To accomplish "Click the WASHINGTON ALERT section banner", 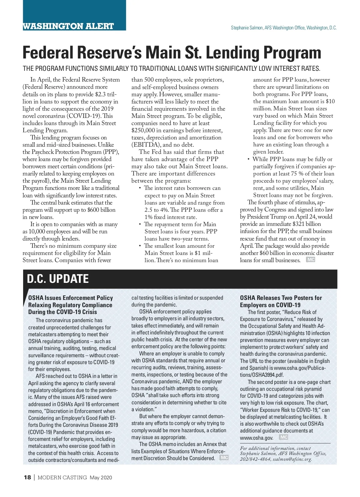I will [68, 26].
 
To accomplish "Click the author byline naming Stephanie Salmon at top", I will [283, 28].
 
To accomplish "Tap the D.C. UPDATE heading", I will [58, 279].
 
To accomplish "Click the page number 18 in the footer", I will [27, 478].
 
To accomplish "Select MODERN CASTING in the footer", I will [62, 478].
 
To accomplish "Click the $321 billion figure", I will [304, 224].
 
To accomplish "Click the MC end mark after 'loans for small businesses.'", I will [310, 259].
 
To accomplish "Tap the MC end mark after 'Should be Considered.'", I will [224, 457].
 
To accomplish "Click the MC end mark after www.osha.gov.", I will [283, 437].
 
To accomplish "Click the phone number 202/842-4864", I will [255, 459].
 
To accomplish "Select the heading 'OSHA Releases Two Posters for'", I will [281, 298].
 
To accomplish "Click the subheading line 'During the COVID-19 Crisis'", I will [62, 312].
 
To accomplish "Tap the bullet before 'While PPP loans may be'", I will [248, 159].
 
